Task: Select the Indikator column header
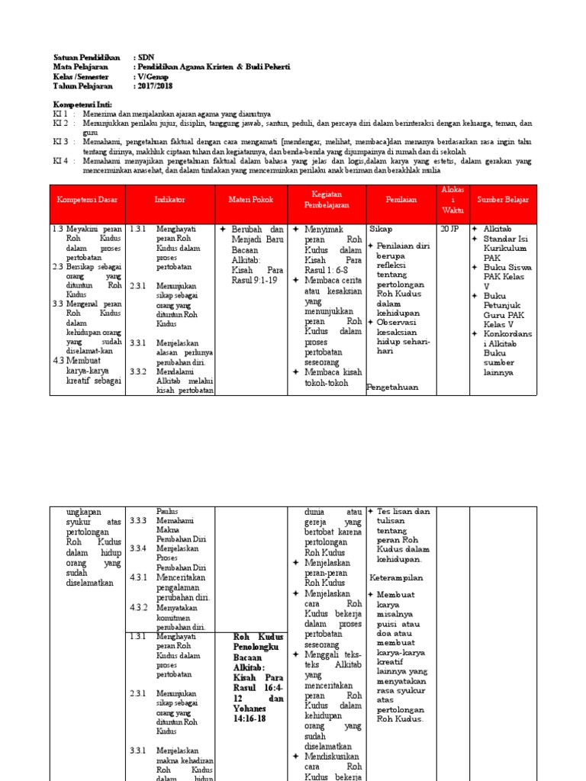pyautogui.click(x=170, y=200)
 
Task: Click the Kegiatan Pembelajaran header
pyautogui.click(x=326, y=200)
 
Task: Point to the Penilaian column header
pyautogui.click(x=401, y=200)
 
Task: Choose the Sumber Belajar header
pyautogui.click(x=503, y=200)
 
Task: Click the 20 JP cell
pyautogui.click(x=449, y=228)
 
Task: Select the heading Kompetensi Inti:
pyautogui.click(x=82, y=104)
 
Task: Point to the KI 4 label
pyautogui.click(x=60, y=161)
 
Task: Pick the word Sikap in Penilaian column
pyautogui.click(x=382, y=228)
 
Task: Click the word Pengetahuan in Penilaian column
pyautogui.click(x=392, y=387)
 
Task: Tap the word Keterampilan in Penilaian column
pyautogui.click(x=397, y=578)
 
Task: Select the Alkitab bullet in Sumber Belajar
pyautogui.click(x=497, y=228)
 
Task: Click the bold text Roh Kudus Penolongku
pyautogui.click(x=258, y=641)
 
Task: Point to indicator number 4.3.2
pyautogui.click(x=138, y=608)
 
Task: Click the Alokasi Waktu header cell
pyautogui.click(x=450, y=200)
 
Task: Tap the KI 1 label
pyautogui.click(x=60, y=113)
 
